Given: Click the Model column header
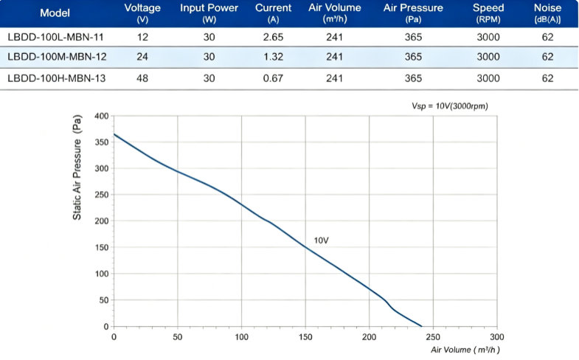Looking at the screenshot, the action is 55,13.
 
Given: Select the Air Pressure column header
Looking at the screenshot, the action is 413,13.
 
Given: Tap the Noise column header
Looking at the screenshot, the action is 547,13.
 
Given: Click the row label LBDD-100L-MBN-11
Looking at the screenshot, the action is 55,37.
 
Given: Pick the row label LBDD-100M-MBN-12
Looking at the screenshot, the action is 57,57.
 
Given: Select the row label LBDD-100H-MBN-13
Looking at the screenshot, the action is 57,78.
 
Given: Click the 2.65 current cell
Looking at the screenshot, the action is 273,37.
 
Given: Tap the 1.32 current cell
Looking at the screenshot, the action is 273,57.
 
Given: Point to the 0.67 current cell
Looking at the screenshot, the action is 273,78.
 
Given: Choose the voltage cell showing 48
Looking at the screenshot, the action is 142,78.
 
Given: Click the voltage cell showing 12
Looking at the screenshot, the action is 142,37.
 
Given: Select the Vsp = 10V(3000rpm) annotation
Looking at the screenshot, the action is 450,106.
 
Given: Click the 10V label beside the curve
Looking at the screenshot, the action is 322,240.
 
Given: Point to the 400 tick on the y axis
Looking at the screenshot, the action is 102,116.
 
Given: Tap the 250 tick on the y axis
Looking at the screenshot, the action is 102,195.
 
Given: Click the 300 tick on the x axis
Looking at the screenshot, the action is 497,336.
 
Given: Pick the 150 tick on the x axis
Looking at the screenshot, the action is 305,336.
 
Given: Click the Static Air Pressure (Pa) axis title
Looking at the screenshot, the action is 77,167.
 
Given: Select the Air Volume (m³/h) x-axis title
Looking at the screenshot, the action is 465,350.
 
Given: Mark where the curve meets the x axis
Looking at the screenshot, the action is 422,326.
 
